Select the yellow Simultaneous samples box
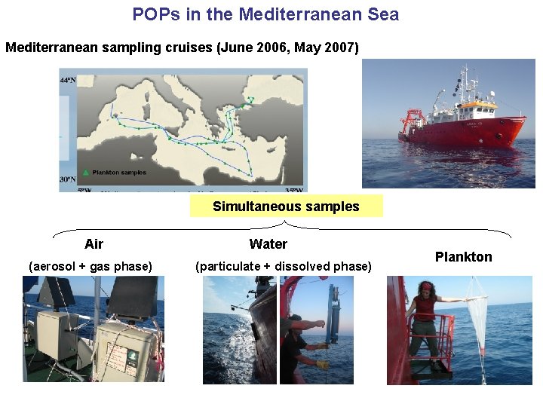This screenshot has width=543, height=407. [x=286, y=206]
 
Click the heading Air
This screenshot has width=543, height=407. [x=94, y=243]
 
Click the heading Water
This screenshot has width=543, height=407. [x=268, y=243]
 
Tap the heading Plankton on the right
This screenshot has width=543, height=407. [x=463, y=257]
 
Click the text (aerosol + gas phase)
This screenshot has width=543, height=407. [x=90, y=266]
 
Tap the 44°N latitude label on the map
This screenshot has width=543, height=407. [x=68, y=79]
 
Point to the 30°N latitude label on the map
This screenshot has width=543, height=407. [x=68, y=179]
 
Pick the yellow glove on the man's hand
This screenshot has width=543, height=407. [x=322, y=366]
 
